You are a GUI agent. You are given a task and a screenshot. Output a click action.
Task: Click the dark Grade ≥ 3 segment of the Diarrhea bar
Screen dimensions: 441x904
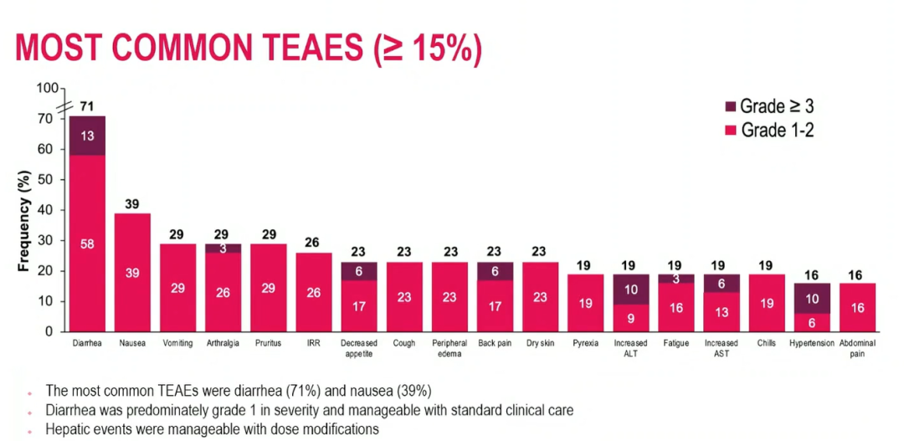(x=87, y=136)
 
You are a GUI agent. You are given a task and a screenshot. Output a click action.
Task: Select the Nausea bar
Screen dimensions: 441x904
(x=132, y=272)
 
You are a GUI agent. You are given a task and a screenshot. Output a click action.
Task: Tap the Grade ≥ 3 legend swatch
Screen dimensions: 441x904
(x=730, y=107)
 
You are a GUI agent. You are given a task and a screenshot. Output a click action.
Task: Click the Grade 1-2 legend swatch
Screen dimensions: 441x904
(x=730, y=130)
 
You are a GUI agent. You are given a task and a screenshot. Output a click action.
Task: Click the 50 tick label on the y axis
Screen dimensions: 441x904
(x=46, y=180)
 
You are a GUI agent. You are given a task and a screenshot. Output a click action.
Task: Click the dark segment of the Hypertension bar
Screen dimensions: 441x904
(x=812, y=298)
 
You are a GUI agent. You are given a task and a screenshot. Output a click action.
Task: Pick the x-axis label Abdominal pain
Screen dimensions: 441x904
(x=858, y=348)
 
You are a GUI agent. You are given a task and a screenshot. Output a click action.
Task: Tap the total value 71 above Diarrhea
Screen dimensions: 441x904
(x=87, y=106)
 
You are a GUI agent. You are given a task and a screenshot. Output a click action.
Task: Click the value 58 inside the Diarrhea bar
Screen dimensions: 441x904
(x=87, y=244)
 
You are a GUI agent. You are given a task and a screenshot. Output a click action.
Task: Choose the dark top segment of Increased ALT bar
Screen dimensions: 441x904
(x=630, y=289)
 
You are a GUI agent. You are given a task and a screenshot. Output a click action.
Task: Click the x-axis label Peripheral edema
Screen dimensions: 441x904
(x=449, y=348)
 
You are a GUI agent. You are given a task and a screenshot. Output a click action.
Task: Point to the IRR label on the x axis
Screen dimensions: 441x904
(x=314, y=343)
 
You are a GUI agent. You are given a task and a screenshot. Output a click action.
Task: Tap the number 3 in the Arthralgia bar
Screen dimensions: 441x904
(x=223, y=249)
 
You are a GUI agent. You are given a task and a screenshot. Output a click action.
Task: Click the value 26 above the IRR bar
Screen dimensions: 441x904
(x=314, y=244)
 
